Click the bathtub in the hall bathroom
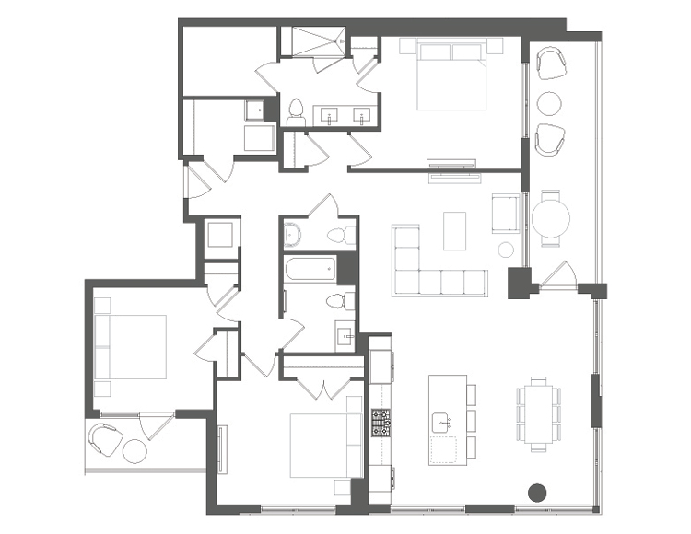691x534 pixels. coord(309,271)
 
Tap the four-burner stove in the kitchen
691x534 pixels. coord(381,423)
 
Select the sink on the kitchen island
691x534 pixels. coord(444,423)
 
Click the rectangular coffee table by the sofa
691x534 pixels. coord(454,231)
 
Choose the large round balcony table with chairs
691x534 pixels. coord(550,217)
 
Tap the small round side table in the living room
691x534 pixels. coord(506,250)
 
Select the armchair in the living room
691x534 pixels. coord(506,212)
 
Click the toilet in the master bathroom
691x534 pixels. coord(297,113)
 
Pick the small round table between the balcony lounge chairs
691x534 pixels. coord(550,101)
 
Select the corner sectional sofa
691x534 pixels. coord(433,267)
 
